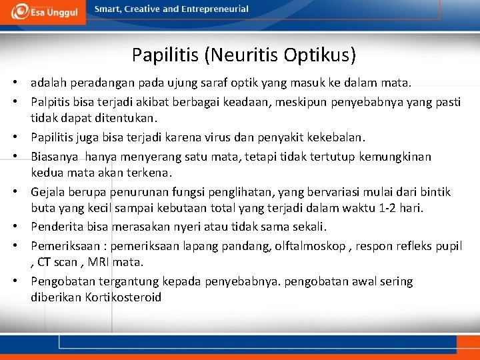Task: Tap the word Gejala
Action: [x=48, y=192]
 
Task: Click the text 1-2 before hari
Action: [x=393, y=208]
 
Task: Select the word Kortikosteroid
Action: [x=123, y=297]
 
